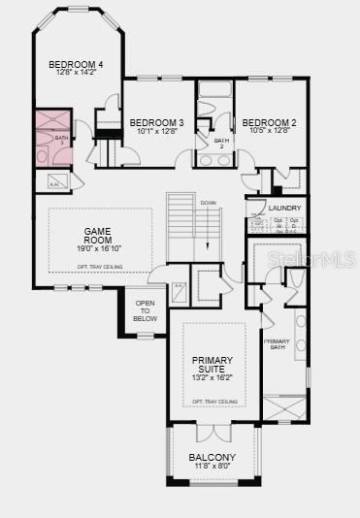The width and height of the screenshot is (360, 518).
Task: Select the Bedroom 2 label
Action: click(268, 121)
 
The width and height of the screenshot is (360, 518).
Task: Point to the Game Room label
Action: click(98, 236)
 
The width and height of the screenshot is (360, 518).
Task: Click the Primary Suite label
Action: click(212, 364)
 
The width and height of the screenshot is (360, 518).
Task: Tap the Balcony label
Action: click(212, 457)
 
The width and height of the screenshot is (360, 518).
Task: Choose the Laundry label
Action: click(284, 208)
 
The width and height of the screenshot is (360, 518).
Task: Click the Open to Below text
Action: click(145, 310)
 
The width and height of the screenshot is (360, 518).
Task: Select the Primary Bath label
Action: click(278, 343)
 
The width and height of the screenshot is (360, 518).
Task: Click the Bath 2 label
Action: click(221, 143)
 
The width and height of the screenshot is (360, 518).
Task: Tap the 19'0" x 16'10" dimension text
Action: click(98, 248)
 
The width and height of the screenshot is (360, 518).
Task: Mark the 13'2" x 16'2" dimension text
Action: click(212, 376)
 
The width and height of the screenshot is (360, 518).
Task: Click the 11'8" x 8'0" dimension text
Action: click(212, 467)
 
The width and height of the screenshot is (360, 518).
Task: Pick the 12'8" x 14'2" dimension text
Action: click(77, 73)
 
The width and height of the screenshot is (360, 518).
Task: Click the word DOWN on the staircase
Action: click(208, 202)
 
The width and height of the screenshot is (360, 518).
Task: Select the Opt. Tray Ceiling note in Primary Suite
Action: click(213, 401)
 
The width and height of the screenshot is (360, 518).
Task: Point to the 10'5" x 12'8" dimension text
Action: click(268, 130)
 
